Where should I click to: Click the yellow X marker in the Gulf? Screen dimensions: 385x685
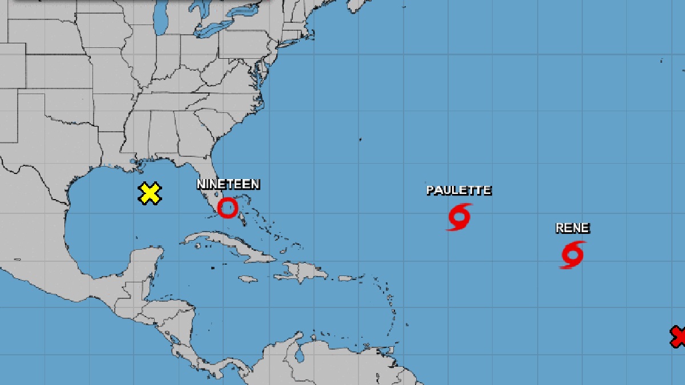150,194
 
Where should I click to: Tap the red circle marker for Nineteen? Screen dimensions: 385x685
228,208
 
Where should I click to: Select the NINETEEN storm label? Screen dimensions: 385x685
228,184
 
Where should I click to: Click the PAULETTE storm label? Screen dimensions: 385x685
459,190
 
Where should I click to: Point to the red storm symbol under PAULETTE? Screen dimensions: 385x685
460,217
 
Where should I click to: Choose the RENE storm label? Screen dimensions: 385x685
573,228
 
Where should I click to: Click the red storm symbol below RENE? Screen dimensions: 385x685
573,254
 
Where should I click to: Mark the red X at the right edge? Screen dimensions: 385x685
679,336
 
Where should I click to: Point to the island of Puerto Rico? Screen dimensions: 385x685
344,278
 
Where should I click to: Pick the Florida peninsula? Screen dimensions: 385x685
214,183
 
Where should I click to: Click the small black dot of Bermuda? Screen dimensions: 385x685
361,139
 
